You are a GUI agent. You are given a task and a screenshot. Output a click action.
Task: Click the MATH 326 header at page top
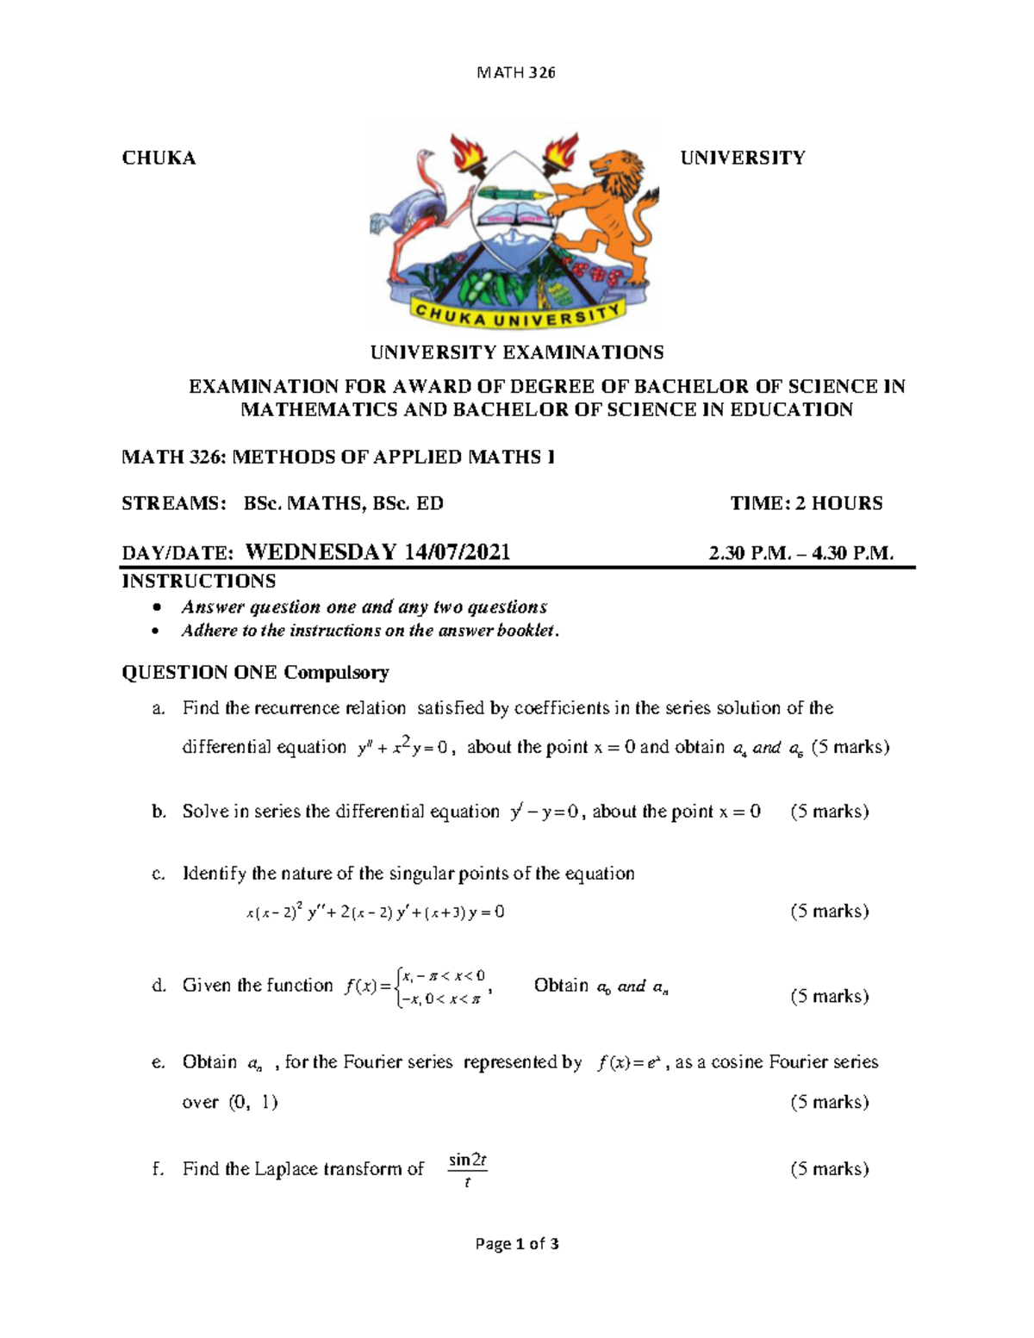pyautogui.click(x=516, y=72)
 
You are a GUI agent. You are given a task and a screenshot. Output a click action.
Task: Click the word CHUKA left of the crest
pyautogui.click(x=159, y=158)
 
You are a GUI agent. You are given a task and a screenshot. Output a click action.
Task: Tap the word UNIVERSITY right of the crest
pyautogui.click(x=742, y=158)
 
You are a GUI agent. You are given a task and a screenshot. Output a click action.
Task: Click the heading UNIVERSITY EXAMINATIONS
pyautogui.click(x=517, y=352)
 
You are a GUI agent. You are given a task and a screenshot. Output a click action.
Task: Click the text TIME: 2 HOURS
pyautogui.click(x=807, y=503)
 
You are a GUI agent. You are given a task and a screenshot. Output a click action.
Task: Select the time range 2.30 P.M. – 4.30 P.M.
pyautogui.click(x=800, y=553)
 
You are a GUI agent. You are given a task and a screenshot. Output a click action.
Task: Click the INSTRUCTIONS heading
pyautogui.click(x=198, y=581)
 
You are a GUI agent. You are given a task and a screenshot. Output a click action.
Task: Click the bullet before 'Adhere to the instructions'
pyautogui.click(x=155, y=632)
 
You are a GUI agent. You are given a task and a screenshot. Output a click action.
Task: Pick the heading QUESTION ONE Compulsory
pyautogui.click(x=255, y=672)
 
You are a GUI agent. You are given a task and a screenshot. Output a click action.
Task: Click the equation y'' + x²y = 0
pyautogui.click(x=403, y=748)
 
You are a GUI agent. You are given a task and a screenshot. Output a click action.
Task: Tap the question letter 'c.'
pyautogui.click(x=158, y=874)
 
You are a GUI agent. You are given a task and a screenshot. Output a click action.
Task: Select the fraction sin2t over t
pyautogui.click(x=468, y=1171)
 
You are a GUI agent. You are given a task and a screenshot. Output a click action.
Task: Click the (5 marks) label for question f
pyautogui.click(x=829, y=1169)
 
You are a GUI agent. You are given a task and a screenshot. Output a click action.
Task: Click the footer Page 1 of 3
pyautogui.click(x=517, y=1244)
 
